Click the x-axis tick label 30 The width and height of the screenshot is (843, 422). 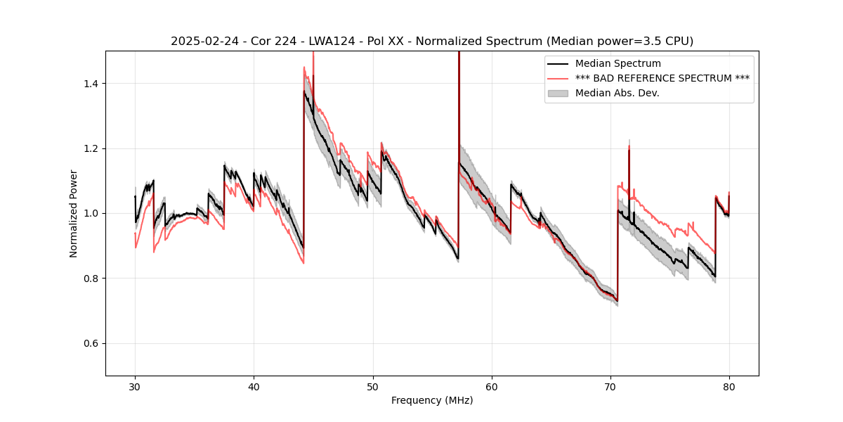coord(135,386)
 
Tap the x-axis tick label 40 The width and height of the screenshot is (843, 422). coord(254,386)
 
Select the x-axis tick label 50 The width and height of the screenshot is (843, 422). coord(372,386)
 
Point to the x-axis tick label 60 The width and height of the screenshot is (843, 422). coord(491,386)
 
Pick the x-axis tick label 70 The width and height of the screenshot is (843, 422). coord(610,386)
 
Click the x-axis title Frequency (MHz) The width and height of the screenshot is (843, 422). coord(432,400)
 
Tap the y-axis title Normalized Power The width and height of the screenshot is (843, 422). coord(74,213)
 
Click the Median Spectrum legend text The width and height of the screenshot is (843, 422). coord(618,64)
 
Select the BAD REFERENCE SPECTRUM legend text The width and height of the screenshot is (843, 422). coord(662,78)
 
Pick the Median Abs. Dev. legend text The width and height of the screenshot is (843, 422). coord(617,93)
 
